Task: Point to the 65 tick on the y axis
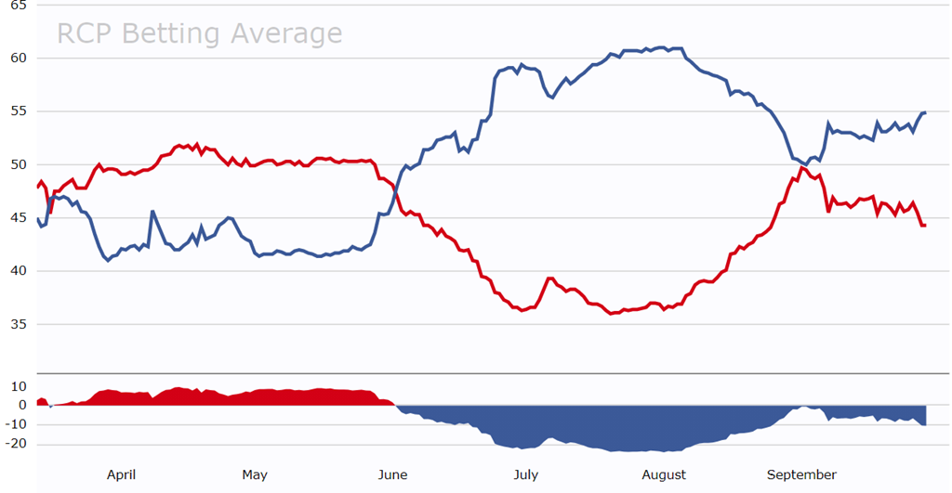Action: tap(19, 5)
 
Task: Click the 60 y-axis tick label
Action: tap(19, 58)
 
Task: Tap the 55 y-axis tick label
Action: tap(19, 111)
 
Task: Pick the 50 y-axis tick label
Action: tap(19, 164)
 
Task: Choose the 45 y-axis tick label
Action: tap(19, 218)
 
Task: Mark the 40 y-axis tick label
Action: tap(19, 271)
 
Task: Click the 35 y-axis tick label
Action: tap(19, 325)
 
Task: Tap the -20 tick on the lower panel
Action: tap(15, 444)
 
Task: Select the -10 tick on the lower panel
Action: tap(15, 424)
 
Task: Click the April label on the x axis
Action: tap(121, 474)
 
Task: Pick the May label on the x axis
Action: tap(255, 474)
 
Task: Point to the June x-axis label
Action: tap(392, 474)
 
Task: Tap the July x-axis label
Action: tap(526, 474)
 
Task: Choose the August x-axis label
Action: tap(664, 474)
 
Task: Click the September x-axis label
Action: tap(801, 474)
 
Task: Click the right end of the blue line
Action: tap(925, 112)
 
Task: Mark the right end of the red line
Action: tap(925, 225)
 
